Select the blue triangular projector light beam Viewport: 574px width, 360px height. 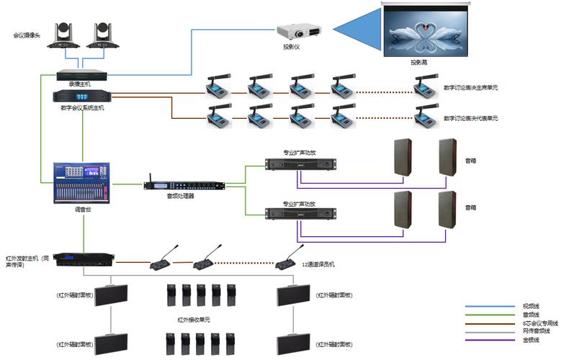click(x=356, y=30)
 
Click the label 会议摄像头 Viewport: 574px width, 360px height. click(x=27, y=35)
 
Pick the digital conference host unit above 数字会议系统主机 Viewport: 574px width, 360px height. click(x=82, y=96)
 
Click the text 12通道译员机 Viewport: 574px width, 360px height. click(x=318, y=264)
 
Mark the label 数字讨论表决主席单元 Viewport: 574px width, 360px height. click(x=470, y=88)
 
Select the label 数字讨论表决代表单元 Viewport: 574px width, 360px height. click(x=470, y=117)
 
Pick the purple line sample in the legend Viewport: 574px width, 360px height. click(x=489, y=340)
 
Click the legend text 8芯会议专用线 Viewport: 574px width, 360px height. click(x=536, y=323)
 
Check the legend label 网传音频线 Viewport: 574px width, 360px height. click(x=534, y=331)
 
